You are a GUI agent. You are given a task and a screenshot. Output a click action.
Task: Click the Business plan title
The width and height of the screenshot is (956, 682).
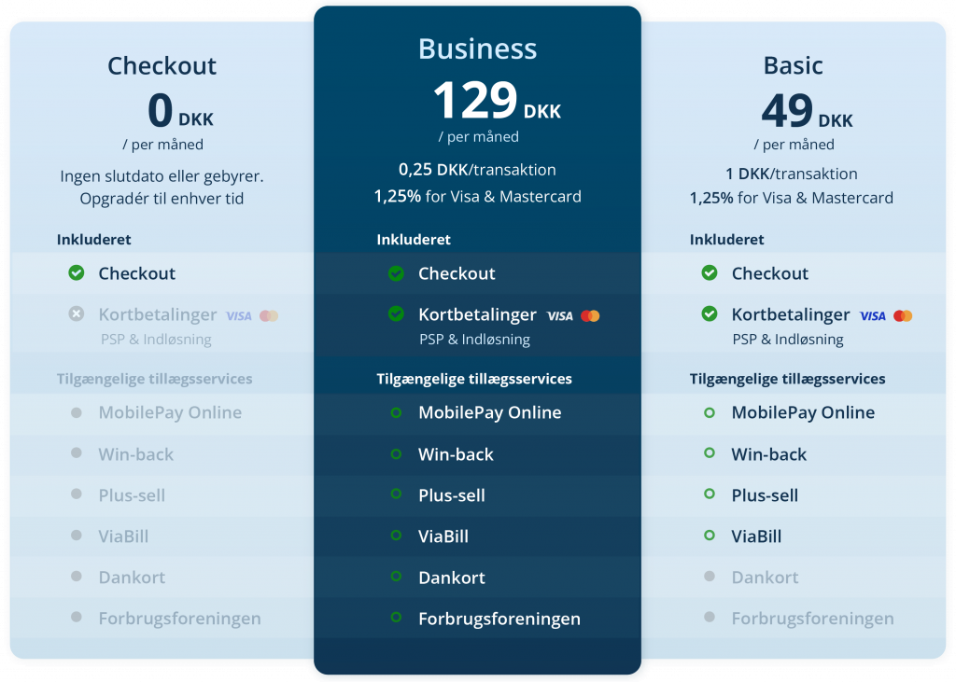477,49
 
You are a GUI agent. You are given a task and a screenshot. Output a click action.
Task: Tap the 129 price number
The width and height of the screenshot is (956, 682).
475,101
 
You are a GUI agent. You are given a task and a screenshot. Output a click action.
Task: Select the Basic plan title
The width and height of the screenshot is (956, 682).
793,65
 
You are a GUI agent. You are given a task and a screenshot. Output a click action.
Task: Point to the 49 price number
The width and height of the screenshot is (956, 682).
787,112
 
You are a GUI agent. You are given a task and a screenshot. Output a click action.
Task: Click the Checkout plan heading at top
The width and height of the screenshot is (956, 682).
162,65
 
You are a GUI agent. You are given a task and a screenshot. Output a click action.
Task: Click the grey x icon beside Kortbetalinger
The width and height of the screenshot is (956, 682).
77,314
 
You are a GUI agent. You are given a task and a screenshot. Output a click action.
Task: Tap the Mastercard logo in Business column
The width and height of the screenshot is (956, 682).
590,315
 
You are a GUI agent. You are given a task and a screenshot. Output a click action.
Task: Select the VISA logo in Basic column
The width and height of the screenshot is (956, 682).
873,315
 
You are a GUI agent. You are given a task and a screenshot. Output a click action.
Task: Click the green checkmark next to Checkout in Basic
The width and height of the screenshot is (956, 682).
710,273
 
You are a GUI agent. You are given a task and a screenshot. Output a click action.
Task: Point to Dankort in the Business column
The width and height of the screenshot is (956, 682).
452,578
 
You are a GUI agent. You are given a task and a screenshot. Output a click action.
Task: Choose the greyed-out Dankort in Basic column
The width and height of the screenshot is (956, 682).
765,578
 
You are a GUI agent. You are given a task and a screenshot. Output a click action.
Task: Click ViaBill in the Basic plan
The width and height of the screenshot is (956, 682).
756,536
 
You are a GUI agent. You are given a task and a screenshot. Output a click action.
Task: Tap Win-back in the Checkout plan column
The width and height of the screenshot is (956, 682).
136,454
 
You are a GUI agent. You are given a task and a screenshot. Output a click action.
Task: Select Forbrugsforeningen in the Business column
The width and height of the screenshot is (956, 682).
499,619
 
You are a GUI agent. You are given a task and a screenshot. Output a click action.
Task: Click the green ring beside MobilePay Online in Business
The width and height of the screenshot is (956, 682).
396,412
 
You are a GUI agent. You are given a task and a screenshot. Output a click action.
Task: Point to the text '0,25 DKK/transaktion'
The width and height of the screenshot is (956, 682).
477,170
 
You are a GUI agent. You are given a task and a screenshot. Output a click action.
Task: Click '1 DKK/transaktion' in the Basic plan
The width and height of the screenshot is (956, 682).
791,174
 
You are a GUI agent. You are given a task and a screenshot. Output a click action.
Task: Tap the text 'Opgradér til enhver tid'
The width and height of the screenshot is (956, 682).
162,199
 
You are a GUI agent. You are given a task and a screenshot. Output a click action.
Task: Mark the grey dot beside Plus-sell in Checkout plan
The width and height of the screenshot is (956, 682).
77,494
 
